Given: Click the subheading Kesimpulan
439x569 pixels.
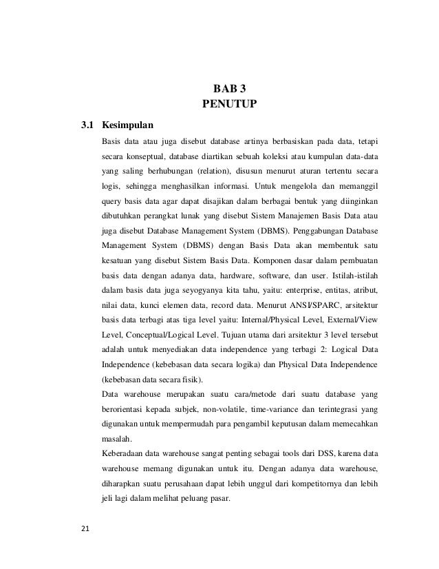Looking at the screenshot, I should point(128,126).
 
